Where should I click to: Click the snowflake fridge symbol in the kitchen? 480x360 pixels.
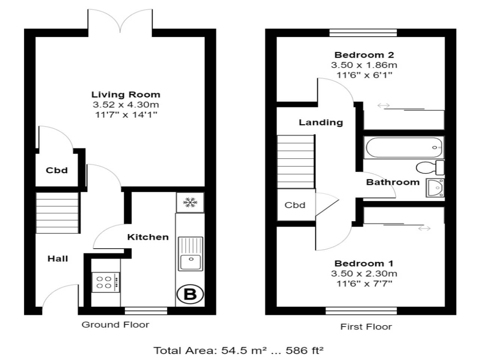(x=190, y=202)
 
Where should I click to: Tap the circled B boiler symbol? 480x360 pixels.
(x=190, y=294)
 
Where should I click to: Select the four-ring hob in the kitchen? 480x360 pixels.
(x=106, y=282)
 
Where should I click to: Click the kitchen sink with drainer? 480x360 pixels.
(x=190, y=254)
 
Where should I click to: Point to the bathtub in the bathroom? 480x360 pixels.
(x=403, y=147)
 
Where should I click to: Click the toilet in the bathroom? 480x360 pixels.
(x=430, y=168)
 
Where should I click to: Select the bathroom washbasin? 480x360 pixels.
(x=435, y=188)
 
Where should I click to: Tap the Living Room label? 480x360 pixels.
(x=126, y=94)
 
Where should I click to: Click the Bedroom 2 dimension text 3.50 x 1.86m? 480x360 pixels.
(x=364, y=65)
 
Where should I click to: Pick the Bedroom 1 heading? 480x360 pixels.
(x=364, y=263)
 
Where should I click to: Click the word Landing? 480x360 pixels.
(x=321, y=122)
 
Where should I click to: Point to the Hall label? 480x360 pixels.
(x=58, y=259)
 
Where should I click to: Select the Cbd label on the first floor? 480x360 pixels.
(x=295, y=205)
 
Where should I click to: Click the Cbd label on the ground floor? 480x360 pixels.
(x=57, y=170)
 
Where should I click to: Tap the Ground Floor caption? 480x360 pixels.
(x=115, y=325)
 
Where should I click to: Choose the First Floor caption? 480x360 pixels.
(x=366, y=327)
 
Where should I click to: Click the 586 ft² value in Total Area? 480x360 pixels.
(x=304, y=351)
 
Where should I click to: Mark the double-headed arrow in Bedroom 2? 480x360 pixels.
(x=384, y=106)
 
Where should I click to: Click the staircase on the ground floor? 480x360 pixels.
(x=57, y=213)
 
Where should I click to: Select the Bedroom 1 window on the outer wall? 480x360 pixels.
(x=361, y=311)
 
